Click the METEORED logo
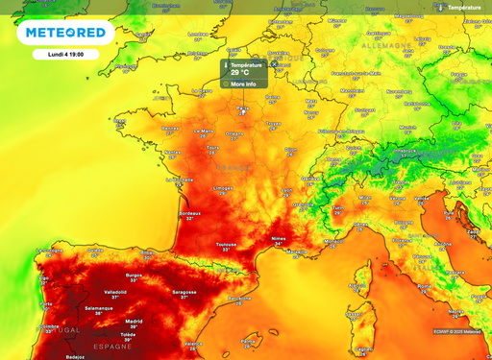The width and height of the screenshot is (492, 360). (x=65, y=34)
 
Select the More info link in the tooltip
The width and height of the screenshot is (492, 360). (x=242, y=84)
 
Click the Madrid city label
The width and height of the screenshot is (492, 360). (x=135, y=321)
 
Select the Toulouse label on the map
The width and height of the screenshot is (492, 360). (x=226, y=245)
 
